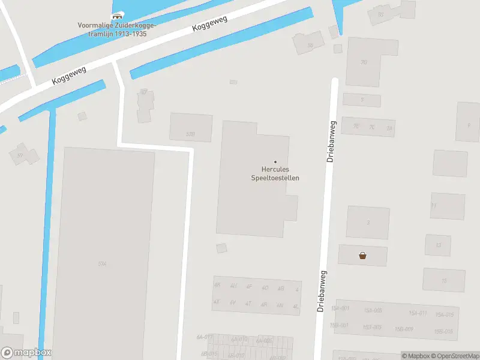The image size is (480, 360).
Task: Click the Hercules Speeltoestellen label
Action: coord(275,173)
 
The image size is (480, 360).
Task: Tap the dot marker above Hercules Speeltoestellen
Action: coord(275,161)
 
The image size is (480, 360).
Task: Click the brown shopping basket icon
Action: coord(362,256)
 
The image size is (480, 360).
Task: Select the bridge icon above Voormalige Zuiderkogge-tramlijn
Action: coord(117,16)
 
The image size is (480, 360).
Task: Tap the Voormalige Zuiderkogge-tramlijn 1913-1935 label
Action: coord(116,29)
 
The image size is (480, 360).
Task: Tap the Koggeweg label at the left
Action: coord(68,75)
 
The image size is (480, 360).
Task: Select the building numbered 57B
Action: coord(191,133)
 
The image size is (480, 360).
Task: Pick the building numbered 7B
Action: coord(364,62)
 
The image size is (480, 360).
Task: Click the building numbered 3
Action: coord(368,222)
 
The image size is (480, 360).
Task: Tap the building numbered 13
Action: coord(438,245)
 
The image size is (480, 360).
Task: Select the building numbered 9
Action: coord(468,125)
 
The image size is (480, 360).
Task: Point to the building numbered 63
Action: coord(380,14)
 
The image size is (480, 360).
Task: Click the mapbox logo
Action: coord(26,353)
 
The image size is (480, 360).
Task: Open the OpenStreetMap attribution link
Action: coord(454,356)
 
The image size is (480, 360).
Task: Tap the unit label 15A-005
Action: coord(373,310)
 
